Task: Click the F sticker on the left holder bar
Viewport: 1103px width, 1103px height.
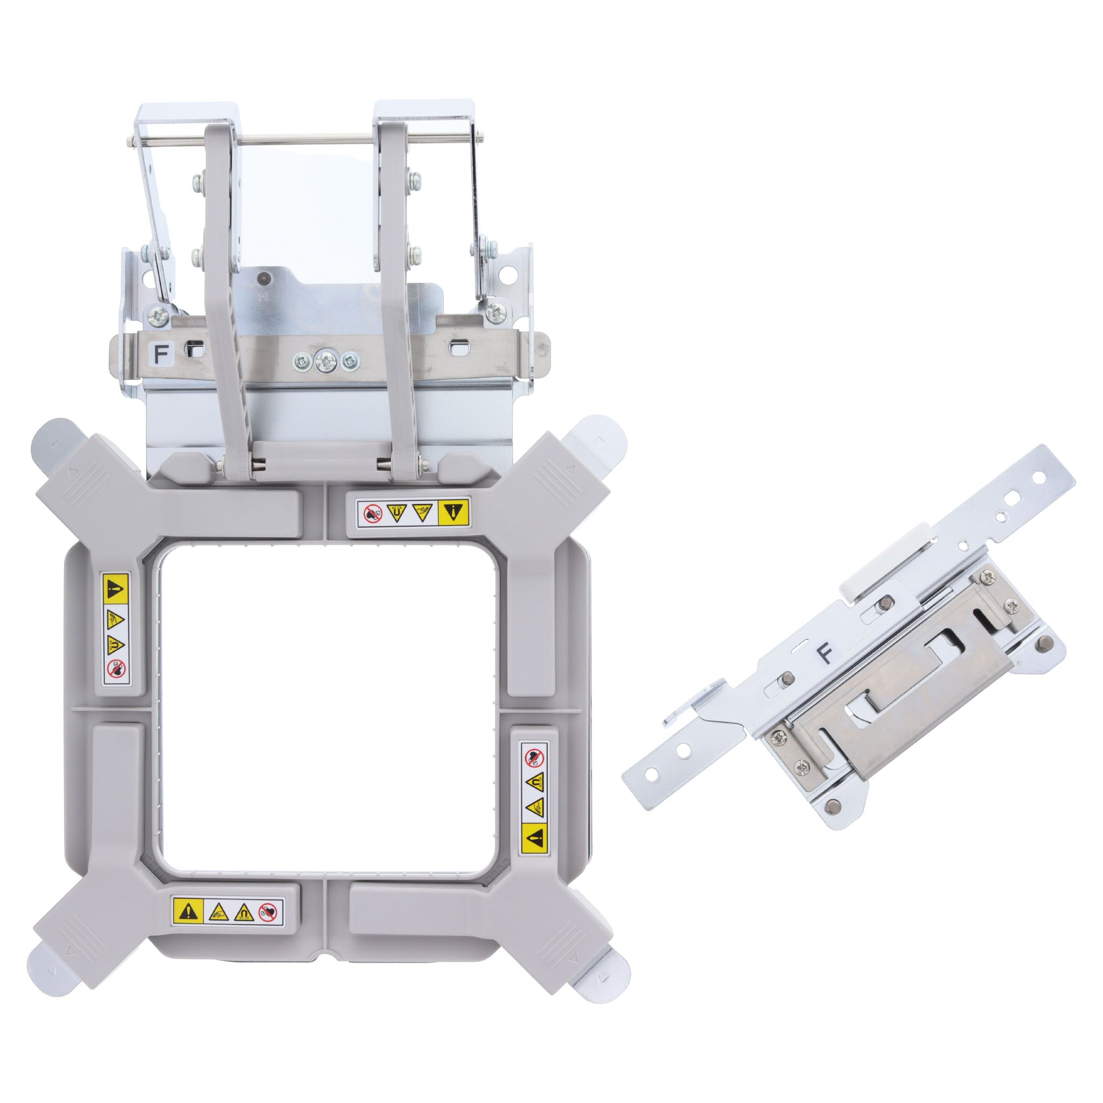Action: [x=161, y=353]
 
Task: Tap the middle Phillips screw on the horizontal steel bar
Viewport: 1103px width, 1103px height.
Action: [x=325, y=361]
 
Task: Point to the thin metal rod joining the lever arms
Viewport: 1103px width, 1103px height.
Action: [x=308, y=137]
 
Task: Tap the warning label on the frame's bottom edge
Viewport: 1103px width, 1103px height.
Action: [x=227, y=912]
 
